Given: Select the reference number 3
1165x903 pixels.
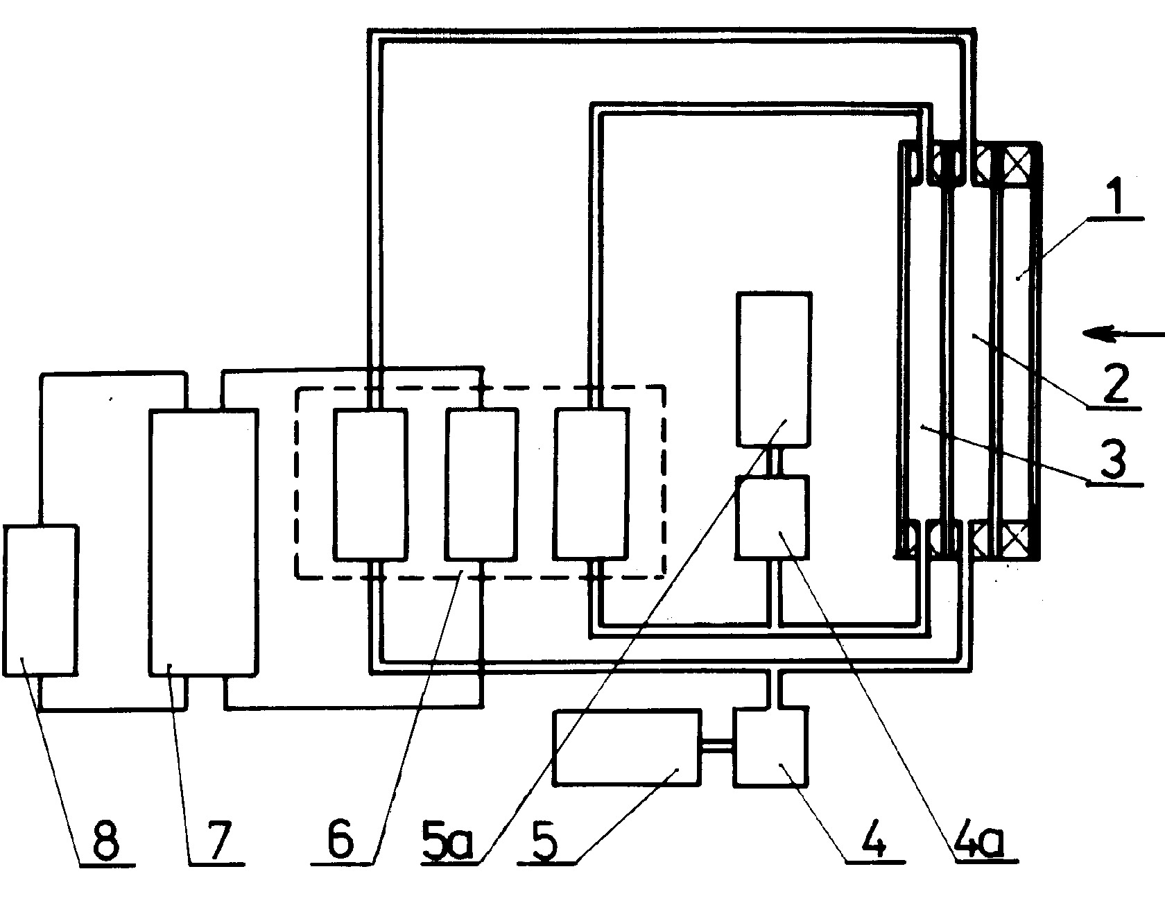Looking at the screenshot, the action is point(1114,461).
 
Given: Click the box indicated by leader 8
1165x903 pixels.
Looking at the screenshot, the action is point(40,600).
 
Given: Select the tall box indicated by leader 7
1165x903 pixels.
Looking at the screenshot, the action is point(203,542).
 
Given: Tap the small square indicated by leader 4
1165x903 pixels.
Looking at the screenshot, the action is point(771,746).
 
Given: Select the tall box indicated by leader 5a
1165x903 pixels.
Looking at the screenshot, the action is point(773,369).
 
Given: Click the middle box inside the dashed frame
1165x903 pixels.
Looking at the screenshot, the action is point(481,484).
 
